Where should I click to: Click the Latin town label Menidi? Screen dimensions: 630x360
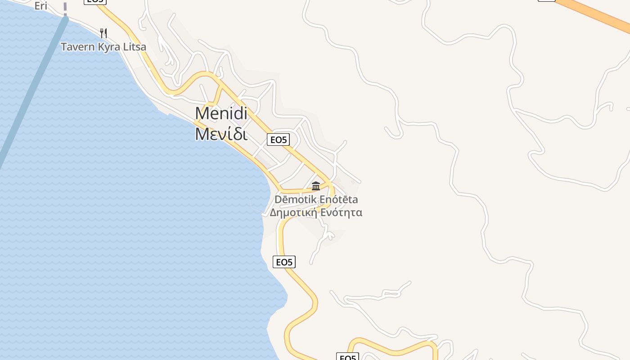click(x=221, y=113)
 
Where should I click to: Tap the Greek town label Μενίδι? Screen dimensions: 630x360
click(x=221, y=134)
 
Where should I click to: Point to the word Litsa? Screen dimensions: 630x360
click(x=133, y=47)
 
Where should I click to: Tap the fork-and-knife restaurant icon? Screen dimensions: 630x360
click(x=103, y=33)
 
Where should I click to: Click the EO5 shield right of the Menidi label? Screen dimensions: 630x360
click(x=278, y=140)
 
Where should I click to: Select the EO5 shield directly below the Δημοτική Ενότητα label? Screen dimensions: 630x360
click(x=284, y=262)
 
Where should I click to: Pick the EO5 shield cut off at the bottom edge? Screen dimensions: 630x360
click(x=347, y=357)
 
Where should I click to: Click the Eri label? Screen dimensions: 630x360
click(x=41, y=6)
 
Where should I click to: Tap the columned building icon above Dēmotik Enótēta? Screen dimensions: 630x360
click(x=316, y=186)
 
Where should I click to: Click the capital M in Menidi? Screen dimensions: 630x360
click(x=202, y=113)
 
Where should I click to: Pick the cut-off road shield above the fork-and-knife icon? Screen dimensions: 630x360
click(x=95, y=1)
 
